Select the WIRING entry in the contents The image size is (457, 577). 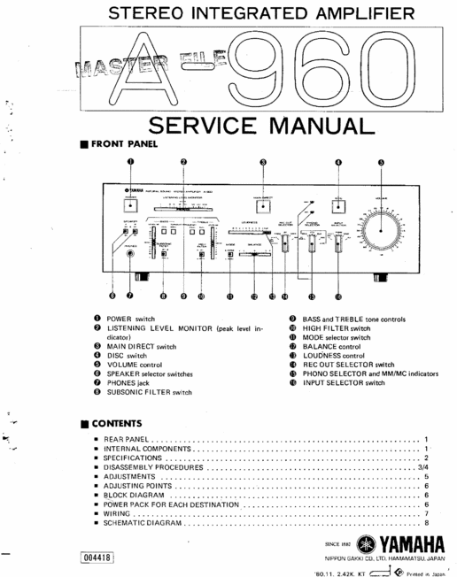click(119, 514)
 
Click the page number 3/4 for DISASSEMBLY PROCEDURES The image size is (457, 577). click(422, 467)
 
